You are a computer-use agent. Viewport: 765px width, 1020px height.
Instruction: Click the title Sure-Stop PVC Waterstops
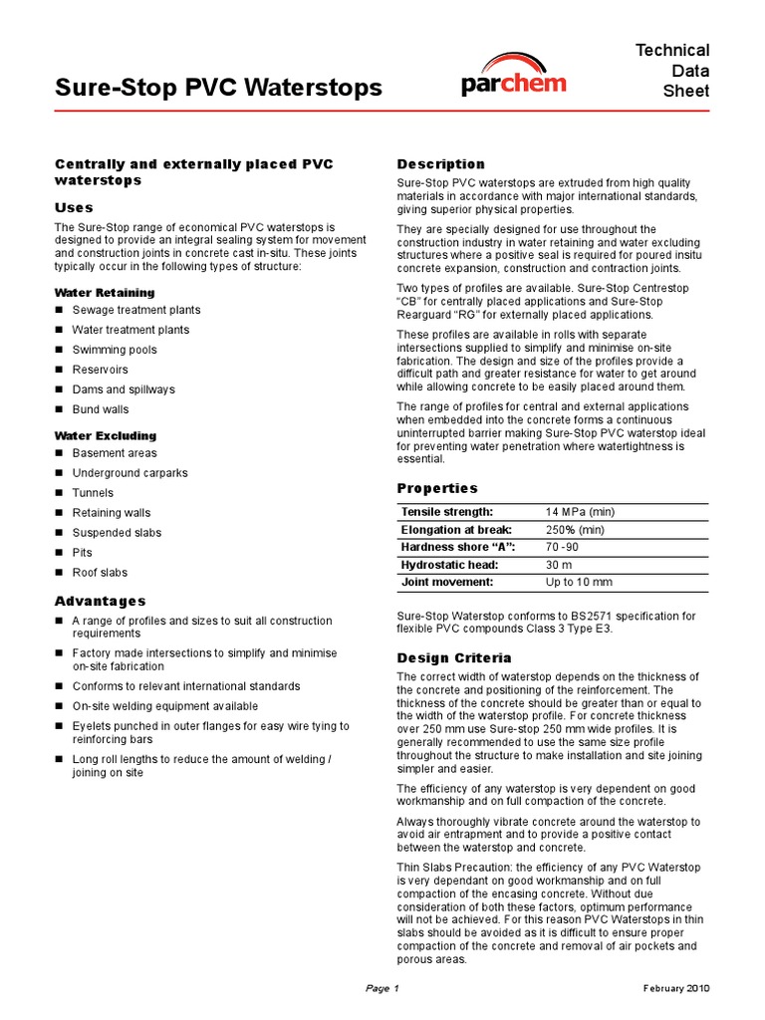217,88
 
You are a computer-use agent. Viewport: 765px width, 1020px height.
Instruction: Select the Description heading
440,164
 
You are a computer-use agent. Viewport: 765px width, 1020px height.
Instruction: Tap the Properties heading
437,488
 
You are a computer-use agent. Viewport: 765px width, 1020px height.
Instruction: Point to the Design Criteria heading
454,657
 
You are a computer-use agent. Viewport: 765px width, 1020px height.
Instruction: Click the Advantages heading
100,601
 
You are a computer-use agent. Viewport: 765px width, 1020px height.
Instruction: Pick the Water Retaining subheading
105,292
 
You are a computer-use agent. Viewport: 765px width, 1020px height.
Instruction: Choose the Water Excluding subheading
105,435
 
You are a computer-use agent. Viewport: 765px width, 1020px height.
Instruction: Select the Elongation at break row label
456,529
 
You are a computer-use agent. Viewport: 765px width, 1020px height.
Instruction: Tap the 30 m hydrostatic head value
558,565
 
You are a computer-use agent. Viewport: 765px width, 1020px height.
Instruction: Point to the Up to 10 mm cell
579,582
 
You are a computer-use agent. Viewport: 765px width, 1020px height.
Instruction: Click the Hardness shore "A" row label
459,547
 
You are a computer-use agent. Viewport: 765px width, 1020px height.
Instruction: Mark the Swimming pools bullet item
115,350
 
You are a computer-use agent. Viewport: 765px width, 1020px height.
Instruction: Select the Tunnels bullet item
93,493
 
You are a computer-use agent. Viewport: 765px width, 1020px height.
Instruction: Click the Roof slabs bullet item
100,573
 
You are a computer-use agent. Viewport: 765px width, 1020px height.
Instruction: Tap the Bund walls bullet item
101,409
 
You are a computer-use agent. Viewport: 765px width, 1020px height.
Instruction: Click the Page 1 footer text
382,988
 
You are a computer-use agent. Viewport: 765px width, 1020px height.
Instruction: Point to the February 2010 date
676,988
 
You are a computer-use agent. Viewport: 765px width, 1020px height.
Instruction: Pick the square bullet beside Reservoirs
59,370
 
